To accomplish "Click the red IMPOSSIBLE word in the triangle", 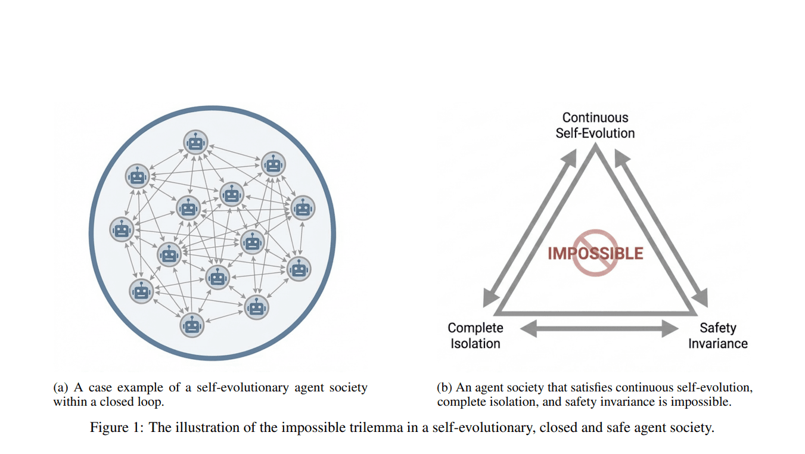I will pos(595,253).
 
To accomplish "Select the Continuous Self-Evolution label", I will pos(595,125).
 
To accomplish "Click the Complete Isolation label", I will pos(475,335).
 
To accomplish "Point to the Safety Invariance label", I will pos(717,335).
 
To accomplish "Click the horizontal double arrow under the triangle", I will pos(599,328).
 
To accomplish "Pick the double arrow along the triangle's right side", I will pos(661,227).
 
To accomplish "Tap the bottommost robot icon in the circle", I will pos(191,325).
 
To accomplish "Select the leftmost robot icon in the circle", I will pos(122,229).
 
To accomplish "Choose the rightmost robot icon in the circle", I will pos(303,207).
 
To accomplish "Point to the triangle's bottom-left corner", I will pos(497,312).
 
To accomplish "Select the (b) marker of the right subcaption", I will pos(445,388).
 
